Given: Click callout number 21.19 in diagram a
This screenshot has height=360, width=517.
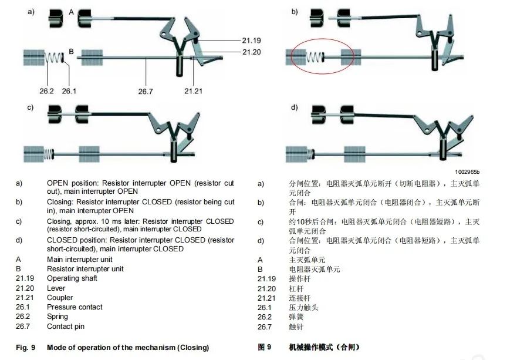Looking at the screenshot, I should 251,41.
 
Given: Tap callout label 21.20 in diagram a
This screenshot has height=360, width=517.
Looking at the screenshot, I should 251,52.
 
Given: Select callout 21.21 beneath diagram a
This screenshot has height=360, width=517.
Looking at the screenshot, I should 193,91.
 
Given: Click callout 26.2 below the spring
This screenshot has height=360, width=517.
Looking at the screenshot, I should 46,91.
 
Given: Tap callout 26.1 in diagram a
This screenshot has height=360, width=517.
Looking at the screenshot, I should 69,91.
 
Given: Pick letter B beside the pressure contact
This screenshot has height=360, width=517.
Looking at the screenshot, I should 72,52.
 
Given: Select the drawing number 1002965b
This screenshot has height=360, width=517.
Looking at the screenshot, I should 467,172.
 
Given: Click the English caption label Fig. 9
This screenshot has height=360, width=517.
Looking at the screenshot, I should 25,347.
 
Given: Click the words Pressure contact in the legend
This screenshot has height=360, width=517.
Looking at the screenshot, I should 75,307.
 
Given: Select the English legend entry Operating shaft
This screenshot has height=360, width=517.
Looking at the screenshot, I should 72,278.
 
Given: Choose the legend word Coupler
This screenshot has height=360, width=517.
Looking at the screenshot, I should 60,298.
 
